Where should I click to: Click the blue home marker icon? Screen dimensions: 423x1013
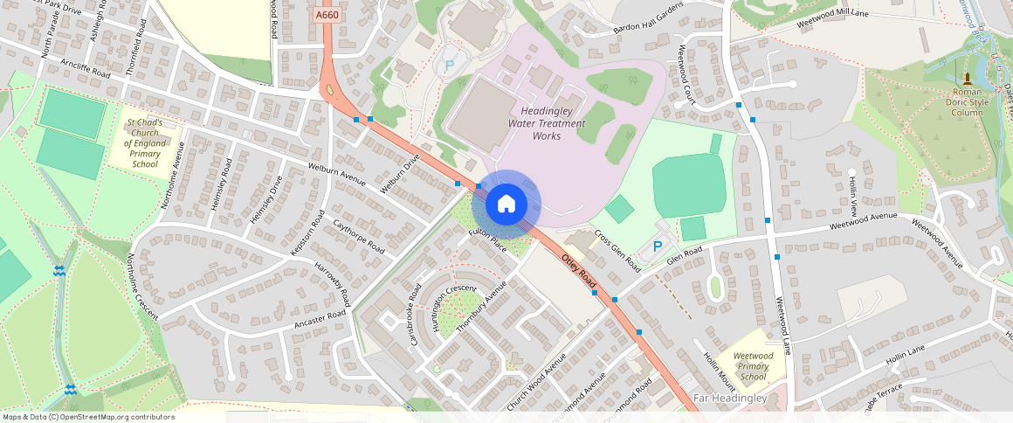tap(506, 205)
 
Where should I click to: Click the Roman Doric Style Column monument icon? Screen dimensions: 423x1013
tap(967, 78)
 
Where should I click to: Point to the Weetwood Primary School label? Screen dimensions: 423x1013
tap(752, 365)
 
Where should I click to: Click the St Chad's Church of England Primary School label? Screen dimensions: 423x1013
tap(144, 143)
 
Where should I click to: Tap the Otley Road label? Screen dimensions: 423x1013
tap(578, 271)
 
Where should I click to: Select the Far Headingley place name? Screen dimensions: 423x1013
tap(730, 399)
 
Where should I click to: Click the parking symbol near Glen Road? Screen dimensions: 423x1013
tap(658, 246)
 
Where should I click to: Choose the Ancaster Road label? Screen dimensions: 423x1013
tap(320, 316)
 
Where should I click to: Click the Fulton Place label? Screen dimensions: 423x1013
tap(487, 239)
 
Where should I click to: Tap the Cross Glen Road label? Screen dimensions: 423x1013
tap(617, 251)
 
